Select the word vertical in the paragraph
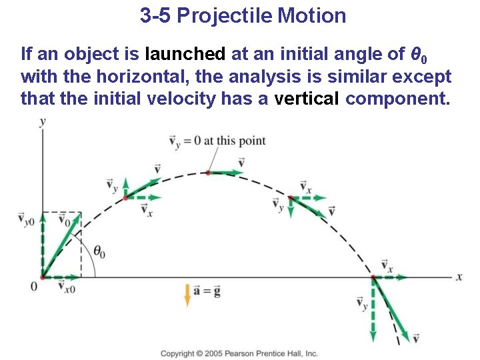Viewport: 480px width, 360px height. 307,99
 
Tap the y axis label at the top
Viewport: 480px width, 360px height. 43,121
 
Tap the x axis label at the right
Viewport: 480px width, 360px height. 459,277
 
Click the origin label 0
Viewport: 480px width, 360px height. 33,286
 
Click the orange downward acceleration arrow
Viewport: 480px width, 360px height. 187,294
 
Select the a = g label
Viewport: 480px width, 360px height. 207,291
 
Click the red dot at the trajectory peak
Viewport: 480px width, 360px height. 208,173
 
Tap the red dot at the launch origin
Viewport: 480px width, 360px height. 42,277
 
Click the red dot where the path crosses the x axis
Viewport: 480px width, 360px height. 372,277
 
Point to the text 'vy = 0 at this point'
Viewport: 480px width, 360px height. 217,141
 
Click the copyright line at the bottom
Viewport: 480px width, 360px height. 239,353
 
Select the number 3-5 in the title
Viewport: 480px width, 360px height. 156,15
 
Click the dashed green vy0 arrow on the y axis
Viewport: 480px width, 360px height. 42,243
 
